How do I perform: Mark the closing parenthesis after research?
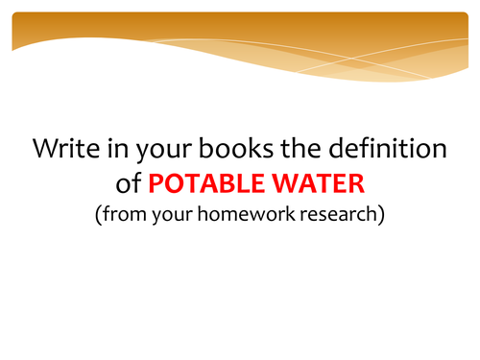[381, 214]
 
